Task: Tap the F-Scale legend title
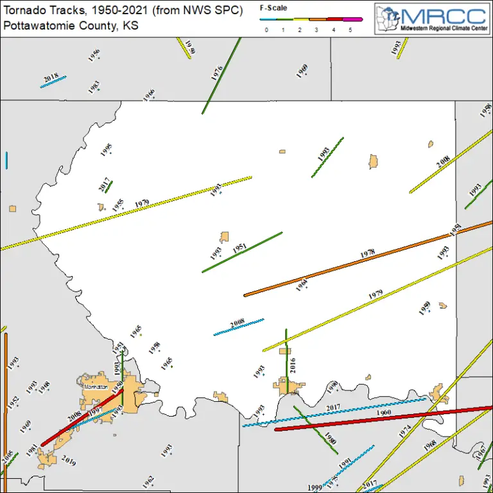(273, 8)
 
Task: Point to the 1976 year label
(217, 73)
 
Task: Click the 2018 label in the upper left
(51, 78)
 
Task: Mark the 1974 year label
(404, 431)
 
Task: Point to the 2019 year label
(69, 460)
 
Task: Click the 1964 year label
(302, 285)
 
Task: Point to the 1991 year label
(345, 464)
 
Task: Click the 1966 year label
(149, 95)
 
